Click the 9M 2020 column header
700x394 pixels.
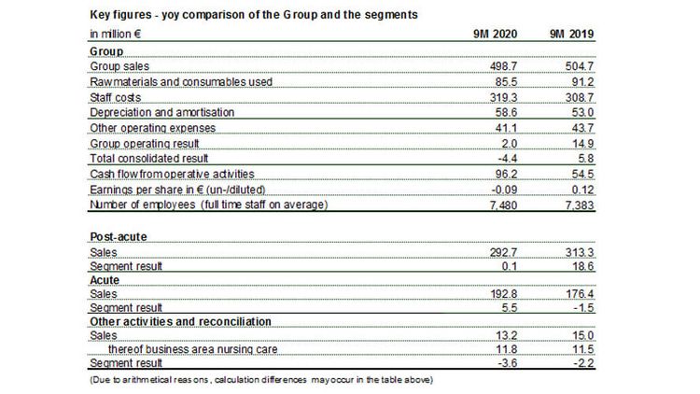coord(495,34)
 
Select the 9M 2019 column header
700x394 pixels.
coord(572,34)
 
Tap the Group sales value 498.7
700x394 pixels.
coord(503,66)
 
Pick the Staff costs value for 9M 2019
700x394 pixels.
coord(580,97)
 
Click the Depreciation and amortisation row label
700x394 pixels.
coord(162,112)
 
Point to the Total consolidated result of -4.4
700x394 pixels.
coord(508,159)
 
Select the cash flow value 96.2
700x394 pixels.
coord(506,174)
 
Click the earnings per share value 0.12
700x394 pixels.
coord(583,190)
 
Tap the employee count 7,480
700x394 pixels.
coord(504,205)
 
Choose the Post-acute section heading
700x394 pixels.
coord(119,237)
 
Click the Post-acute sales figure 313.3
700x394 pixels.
coord(580,252)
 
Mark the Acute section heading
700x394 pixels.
coord(105,280)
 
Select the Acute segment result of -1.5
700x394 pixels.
coord(584,308)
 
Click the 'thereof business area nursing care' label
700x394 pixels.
coord(193,349)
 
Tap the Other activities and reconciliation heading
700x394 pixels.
coord(181,321)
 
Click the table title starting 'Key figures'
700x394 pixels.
coord(254,15)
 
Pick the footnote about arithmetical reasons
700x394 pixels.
coord(261,380)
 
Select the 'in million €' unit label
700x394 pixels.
coord(116,34)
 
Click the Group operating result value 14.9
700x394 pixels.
coord(583,144)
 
